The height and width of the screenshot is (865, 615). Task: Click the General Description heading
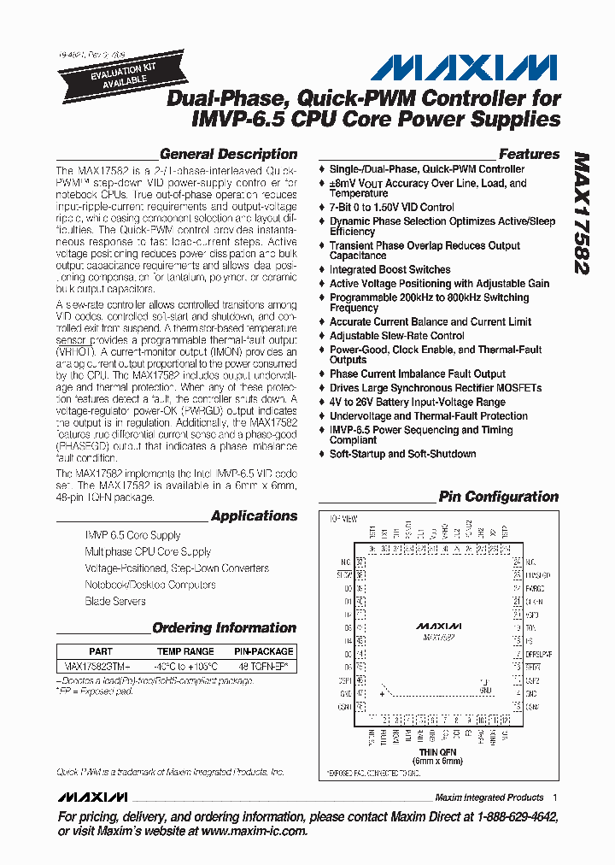coord(228,155)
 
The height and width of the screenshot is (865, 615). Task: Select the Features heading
coord(529,155)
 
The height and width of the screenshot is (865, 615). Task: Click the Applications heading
coord(254,516)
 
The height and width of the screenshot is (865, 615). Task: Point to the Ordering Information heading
coord(224,628)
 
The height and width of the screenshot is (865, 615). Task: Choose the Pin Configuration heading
coord(498,497)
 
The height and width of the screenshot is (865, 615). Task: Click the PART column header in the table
coord(101,651)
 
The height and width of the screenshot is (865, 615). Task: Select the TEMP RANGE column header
coord(185,651)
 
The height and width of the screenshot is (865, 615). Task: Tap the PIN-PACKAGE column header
coord(263,651)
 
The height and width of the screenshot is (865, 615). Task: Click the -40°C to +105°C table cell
coord(185,665)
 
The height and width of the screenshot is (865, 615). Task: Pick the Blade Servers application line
coord(115,602)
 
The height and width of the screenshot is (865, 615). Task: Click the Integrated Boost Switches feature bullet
coord(389,269)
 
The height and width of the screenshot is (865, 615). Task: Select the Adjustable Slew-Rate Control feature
coord(396,336)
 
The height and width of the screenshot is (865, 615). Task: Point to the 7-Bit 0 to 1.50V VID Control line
coord(391,207)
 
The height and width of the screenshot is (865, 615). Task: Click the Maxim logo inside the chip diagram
coord(440,626)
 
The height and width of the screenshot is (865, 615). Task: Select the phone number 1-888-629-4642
coord(507,818)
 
